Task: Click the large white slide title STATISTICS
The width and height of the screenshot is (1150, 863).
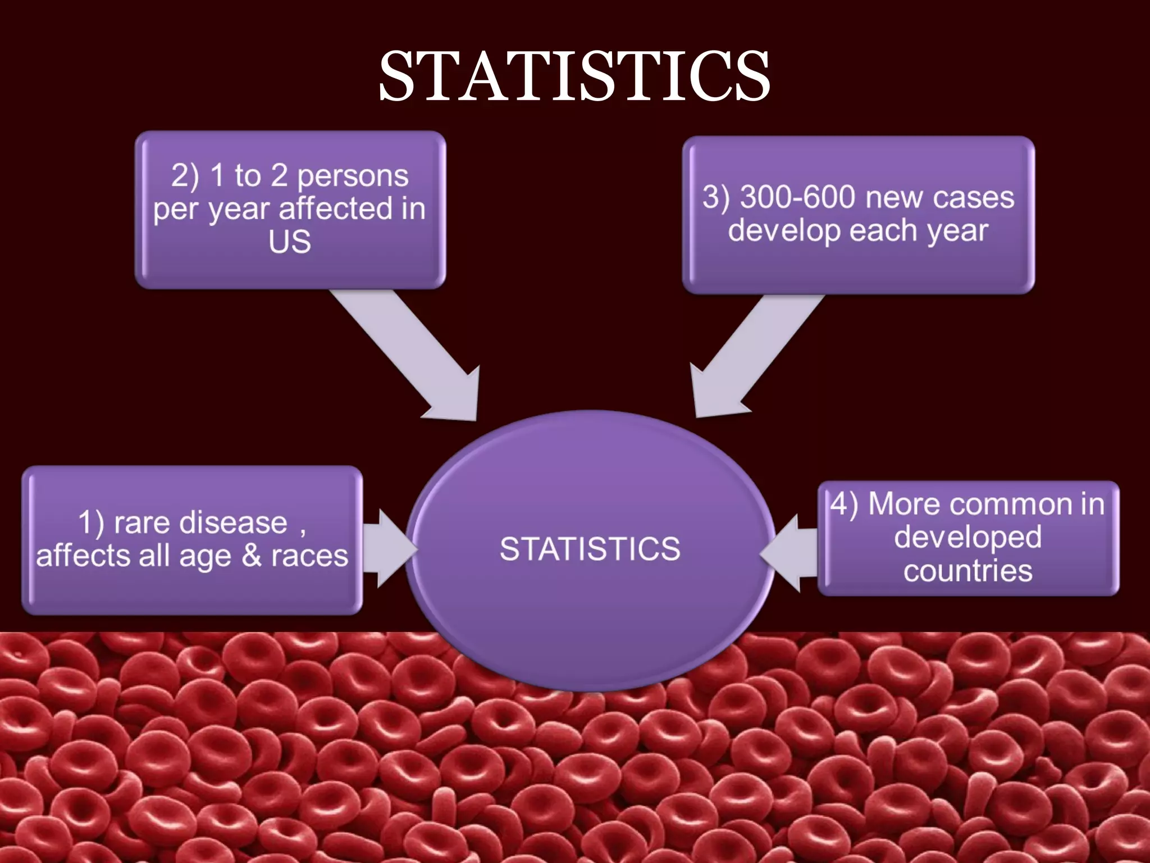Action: tap(574, 76)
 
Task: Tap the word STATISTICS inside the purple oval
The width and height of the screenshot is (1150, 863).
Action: tap(590, 548)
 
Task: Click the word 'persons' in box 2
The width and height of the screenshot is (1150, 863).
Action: tap(353, 176)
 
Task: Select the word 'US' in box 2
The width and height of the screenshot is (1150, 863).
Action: tap(289, 242)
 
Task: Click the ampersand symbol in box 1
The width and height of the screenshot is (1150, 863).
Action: tap(252, 556)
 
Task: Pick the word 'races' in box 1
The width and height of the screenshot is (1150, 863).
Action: tap(309, 556)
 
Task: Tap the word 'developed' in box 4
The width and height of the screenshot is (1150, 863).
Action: tap(968, 537)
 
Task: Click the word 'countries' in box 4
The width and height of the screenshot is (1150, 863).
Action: tap(968, 571)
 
